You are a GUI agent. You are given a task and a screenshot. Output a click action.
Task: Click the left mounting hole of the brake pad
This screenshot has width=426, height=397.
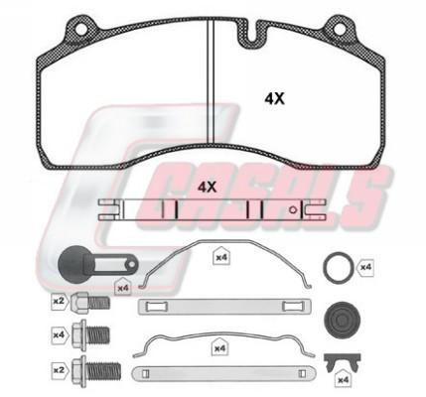coord(81,29)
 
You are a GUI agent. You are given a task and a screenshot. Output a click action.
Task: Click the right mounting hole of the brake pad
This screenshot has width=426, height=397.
coord(340,29)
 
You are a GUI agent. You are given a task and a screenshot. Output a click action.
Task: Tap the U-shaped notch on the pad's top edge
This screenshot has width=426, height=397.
coord(252,33)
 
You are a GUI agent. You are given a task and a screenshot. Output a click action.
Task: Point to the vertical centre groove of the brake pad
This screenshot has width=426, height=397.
coord(211,81)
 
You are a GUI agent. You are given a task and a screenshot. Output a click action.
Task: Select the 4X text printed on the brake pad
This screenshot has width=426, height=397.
coord(274,98)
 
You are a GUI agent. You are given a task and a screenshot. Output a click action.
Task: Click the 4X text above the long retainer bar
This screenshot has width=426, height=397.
coord(207,188)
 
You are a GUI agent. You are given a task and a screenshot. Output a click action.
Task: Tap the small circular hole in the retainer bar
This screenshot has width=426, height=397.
coord(292,209)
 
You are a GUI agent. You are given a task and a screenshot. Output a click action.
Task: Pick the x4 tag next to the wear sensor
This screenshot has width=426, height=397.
coord(123,288)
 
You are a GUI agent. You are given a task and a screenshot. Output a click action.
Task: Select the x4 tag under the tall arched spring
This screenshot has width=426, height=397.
coord(221,257)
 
